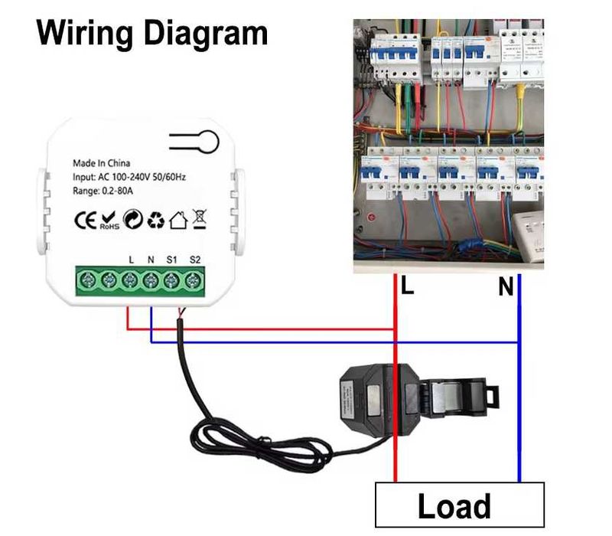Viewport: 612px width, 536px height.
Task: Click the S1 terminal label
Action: pos(172,260)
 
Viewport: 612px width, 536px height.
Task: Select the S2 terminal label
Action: pos(194,260)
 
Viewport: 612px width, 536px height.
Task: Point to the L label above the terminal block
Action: pos(132,260)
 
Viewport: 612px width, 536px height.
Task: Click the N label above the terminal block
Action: pos(151,260)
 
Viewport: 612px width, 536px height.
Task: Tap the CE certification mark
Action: pos(84,221)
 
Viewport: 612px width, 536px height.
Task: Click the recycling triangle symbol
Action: pos(156,221)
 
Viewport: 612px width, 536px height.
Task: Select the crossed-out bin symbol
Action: pos(199,221)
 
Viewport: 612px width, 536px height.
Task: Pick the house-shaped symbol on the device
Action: pos(177,221)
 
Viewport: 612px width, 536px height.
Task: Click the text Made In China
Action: pos(101,163)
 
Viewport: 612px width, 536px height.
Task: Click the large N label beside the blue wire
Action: pos(506,288)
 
